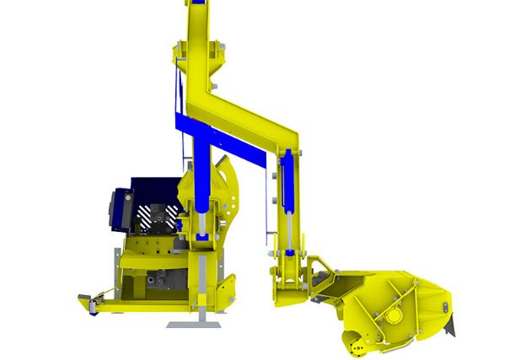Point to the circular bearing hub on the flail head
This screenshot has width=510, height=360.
pos(391,318)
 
